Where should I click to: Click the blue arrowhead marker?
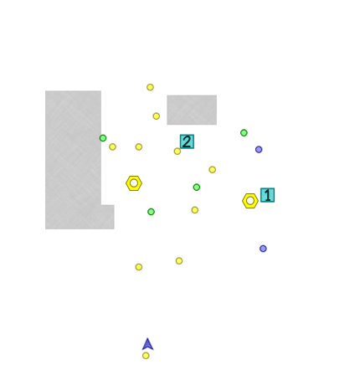pyautogui.click(x=147, y=345)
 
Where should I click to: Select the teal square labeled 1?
pyautogui.click(x=267, y=195)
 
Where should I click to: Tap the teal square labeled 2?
pyautogui.click(x=187, y=141)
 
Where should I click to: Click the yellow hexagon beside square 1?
pyautogui.click(x=250, y=201)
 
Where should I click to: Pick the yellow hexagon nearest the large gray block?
pyautogui.click(x=134, y=183)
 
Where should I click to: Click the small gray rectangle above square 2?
pyautogui.click(x=192, y=110)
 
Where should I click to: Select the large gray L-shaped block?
pyautogui.click(x=74, y=160)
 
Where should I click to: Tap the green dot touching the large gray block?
pyautogui.click(x=103, y=138)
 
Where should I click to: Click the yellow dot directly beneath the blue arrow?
pyautogui.click(x=146, y=356)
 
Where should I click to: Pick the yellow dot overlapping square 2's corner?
pyautogui.click(x=177, y=152)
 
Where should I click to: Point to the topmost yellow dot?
pyautogui.click(x=150, y=87)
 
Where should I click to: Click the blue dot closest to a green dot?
pyautogui.click(x=259, y=150)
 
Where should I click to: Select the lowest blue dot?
pyautogui.click(x=263, y=249)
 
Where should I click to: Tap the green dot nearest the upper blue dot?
pyautogui.click(x=244, y=133)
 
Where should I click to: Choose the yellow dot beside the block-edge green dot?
pyautogui.click(x=112, y=146)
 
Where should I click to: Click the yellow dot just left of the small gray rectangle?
pyautogui.click(x=157, y=116)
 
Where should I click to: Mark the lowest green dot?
pyautogui.click(x=151, y=212)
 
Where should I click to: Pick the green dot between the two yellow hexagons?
pyautogui.click(x=197, y=188)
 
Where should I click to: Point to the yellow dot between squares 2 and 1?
pyautogui.click(x=213, y=170)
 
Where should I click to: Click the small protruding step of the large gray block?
pyautogui.click(x=108, y=217)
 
